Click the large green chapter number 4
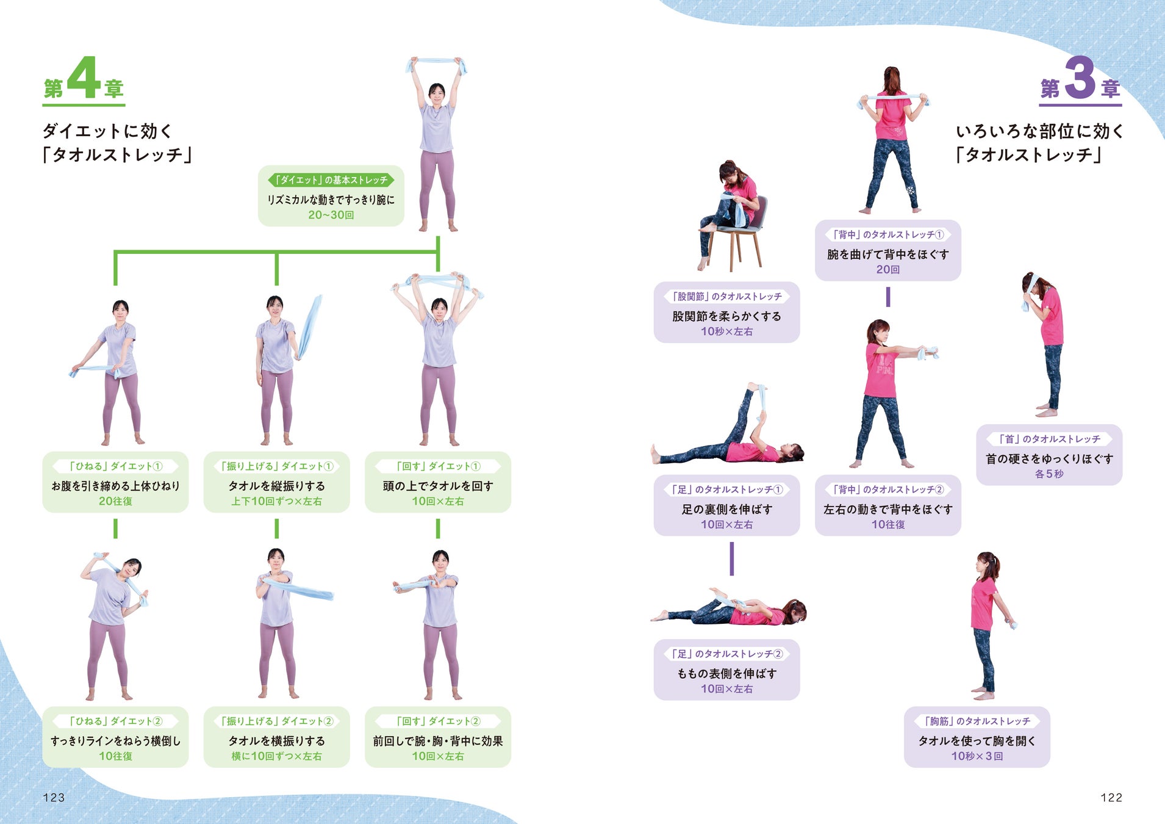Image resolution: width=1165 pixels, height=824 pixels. coord(84,78)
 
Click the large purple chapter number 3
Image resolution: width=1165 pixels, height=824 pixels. coord(1080,78)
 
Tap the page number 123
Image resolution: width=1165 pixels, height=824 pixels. coord(54,797)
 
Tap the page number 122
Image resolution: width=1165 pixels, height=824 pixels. coord(1111,797)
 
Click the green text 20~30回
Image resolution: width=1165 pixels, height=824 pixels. coord(331,215)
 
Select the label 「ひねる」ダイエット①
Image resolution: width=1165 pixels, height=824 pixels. coord(115,466)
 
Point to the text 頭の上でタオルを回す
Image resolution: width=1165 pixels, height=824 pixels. coord(437,486)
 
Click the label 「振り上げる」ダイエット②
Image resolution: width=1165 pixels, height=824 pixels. coord(276,721)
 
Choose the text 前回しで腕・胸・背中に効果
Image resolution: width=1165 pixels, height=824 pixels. coord(437,741)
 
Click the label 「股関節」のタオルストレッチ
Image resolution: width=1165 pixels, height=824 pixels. coord(726,297)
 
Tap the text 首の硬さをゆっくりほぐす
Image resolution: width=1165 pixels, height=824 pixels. coord(1049,458)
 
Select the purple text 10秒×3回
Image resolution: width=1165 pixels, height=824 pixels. coord(977,756)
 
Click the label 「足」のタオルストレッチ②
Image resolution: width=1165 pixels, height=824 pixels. coord(726,654)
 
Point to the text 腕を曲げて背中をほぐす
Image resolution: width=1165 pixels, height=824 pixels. coord(887,255)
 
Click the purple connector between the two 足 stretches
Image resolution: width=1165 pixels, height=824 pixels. coord(731,558)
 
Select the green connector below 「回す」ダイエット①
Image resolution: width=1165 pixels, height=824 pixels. coord(437,529)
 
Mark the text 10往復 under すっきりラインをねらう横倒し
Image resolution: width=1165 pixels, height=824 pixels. coord(115,756)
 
